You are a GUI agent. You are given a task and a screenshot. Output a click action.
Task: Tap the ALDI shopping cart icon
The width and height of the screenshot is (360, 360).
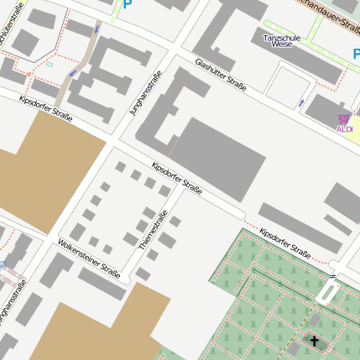point(342,118)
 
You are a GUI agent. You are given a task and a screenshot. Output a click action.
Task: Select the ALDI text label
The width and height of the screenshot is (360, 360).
point(344,129)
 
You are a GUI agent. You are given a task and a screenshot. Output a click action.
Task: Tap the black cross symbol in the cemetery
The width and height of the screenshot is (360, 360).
point(315,341)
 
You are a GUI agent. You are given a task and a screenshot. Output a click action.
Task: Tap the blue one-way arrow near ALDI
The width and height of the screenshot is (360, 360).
point(300,102)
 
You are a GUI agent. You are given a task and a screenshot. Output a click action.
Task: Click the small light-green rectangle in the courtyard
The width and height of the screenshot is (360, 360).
point(50,64)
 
